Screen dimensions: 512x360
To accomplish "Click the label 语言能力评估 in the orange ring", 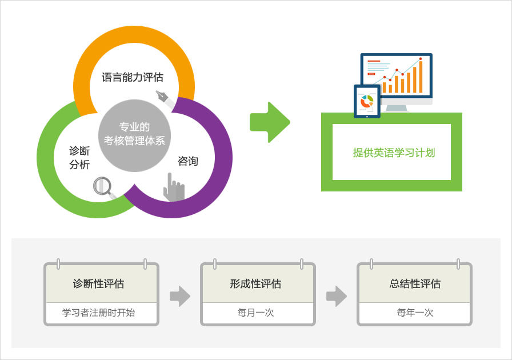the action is (133, 77).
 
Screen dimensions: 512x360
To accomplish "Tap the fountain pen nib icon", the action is (166, 99).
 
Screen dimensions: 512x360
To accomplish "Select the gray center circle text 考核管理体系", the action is (134, 141).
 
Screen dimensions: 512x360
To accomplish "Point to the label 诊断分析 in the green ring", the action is (79, 158).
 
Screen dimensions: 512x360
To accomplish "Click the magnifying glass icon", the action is (104, 188).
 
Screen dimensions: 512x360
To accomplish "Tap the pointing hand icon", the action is (174, 187).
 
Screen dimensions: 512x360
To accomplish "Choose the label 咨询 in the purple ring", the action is (188, 161).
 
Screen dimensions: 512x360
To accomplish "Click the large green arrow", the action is (270, 122).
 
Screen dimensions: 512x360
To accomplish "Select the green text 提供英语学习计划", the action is (394, 153).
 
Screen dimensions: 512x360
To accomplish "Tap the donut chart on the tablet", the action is (367, 101).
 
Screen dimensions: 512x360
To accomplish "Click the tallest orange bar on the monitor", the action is (421, 77).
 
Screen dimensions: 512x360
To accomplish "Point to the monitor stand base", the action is (397, 109).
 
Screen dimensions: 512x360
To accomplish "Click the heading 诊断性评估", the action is (99, 283).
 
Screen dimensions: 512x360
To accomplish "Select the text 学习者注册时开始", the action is (99, 313).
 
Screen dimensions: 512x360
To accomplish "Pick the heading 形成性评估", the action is (255, 283).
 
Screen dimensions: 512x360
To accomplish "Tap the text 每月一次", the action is (255, 313).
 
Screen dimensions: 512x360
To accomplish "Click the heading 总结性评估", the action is (415, 283).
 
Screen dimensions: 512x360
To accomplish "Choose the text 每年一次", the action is (415, 313).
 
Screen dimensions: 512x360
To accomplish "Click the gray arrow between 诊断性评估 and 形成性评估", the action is (180, 297).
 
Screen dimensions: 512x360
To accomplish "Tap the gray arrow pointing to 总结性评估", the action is (337, 297).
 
